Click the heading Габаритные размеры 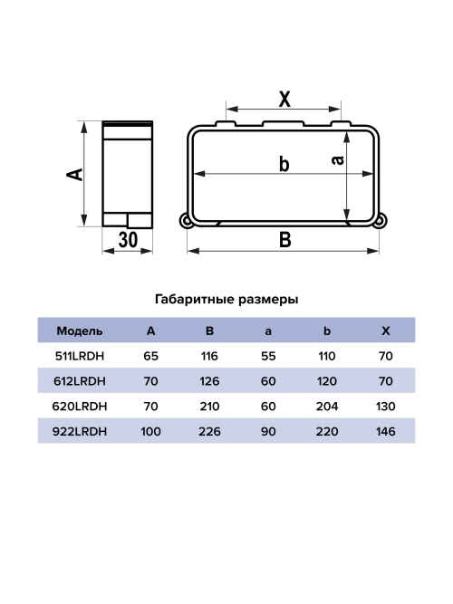[226, 298]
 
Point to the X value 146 [385, 432]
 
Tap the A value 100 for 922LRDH [150, 432]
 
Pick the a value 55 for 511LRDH [267, 356]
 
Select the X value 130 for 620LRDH [385, 407]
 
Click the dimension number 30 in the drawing [128, 239]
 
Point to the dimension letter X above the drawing [284, 99]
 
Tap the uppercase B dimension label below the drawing [284, 240]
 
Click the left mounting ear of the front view [187, 220]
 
